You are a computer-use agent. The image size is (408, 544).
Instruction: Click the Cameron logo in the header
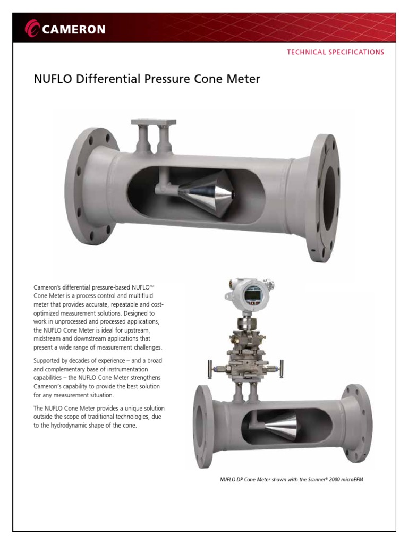tap(66, 29)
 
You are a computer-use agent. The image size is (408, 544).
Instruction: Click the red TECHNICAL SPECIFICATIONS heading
tap(335, 52)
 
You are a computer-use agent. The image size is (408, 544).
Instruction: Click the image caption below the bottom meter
tap(291, 479)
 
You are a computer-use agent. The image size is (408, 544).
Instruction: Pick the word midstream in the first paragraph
tap(49, 338)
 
